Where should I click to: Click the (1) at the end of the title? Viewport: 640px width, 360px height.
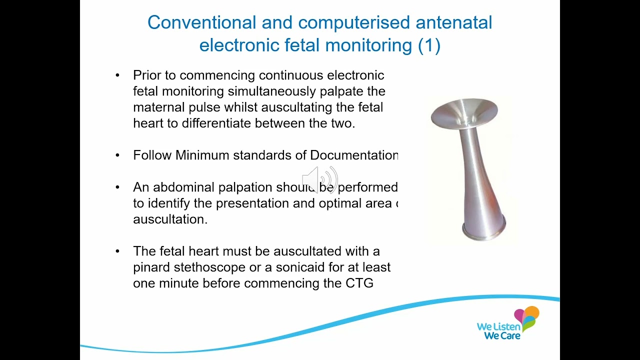[x=429, y=45]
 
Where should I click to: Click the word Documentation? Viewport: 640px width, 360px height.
[x=353, y=155]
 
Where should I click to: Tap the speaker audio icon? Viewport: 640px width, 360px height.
[x=320, y=179]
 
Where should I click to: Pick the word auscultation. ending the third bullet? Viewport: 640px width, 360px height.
[x=170, y=219]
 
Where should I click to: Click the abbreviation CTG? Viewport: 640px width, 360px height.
[x=359, y=283]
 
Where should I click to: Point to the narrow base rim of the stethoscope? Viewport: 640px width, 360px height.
[x=484, y=233]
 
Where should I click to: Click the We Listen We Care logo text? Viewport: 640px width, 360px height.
[x=498, y=331]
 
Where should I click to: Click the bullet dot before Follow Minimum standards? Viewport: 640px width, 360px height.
[x=117, y=155]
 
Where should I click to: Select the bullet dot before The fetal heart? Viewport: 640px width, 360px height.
[x=117, y=251]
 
